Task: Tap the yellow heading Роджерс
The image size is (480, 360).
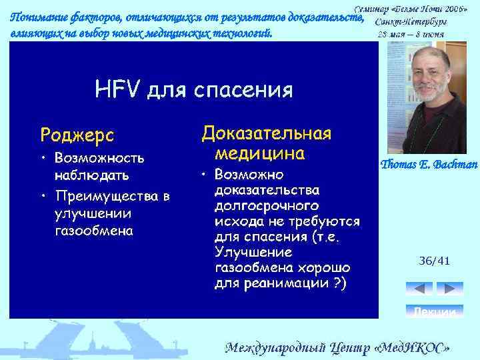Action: coord(77,135)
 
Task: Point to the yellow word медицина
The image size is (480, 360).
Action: coord(260,154)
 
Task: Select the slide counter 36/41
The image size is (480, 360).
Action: coord(434,261)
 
